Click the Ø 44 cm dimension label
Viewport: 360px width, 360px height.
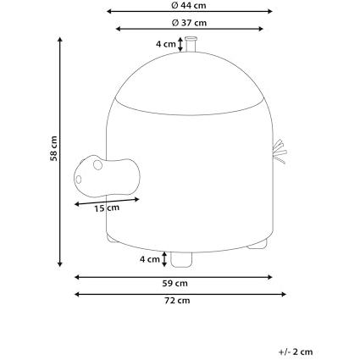point(189,5)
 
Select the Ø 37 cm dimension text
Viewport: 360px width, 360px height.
point(189,23)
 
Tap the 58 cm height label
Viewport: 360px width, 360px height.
point(53,148)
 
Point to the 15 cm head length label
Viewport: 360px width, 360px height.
point(107,208)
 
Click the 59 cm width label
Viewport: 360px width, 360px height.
point(174,283)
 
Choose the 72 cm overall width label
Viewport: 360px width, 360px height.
point(177,301)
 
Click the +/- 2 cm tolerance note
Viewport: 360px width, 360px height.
point(296,352)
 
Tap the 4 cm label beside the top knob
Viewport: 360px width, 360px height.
point(166,44)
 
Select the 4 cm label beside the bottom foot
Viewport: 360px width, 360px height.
point(150,259)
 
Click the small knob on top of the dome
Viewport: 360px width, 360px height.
point(191,44)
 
